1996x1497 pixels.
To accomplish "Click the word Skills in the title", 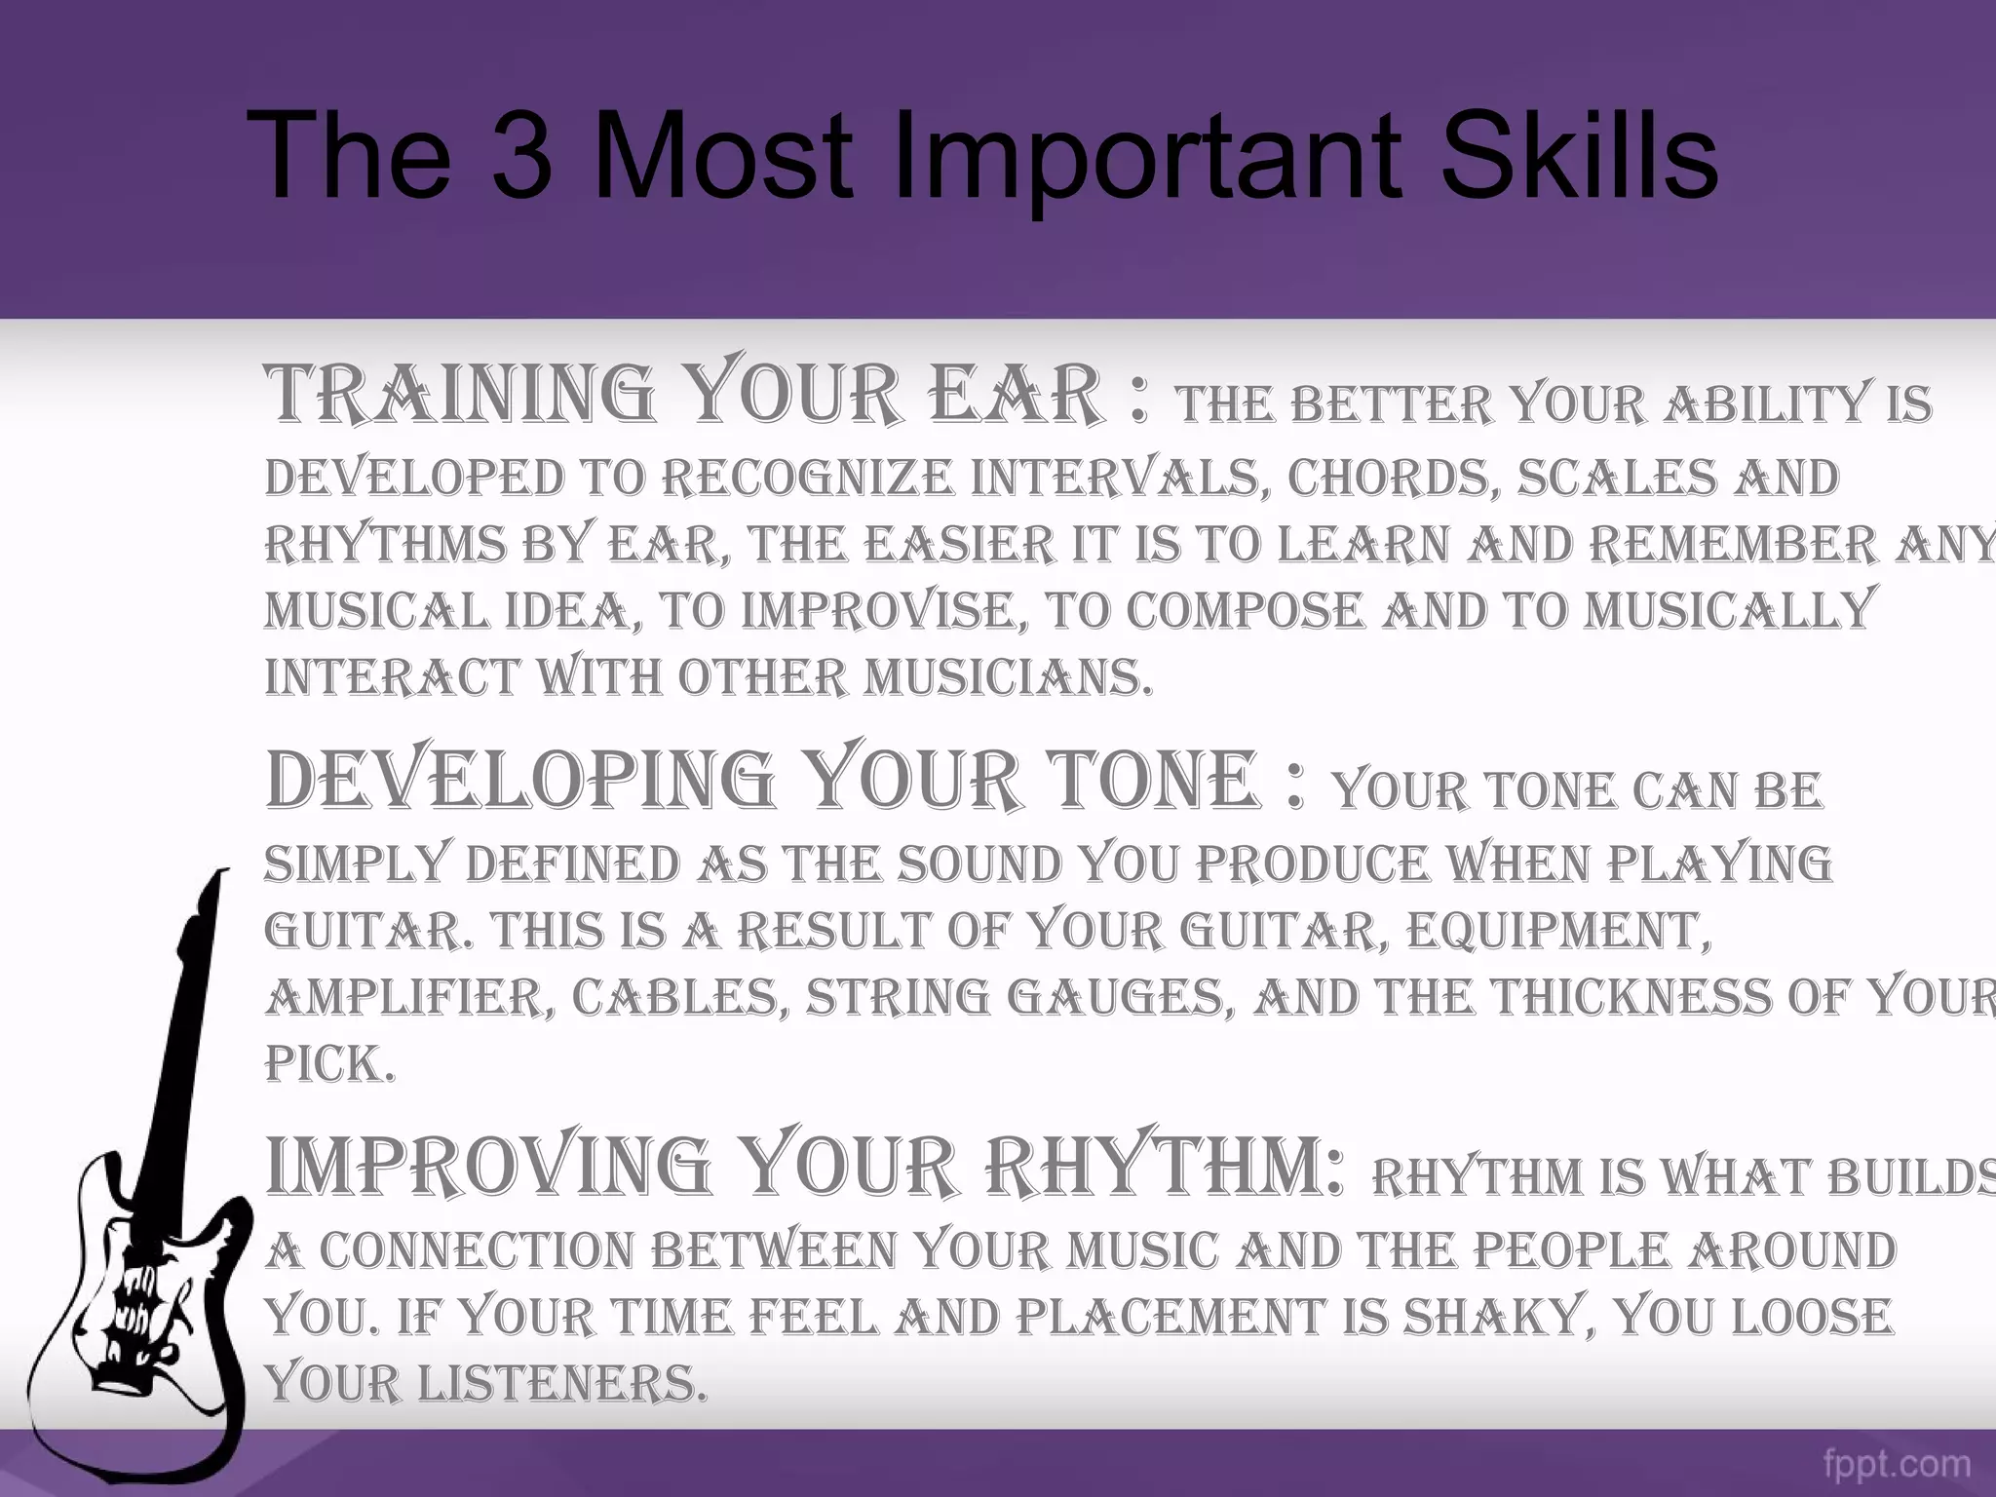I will point(1578,155).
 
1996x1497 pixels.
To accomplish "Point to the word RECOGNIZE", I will point(809,479).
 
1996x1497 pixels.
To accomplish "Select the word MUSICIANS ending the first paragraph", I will point(1007,677).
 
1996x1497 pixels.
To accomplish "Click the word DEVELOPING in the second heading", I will point(518,781).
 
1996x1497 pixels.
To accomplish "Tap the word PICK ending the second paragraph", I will point(328,1063).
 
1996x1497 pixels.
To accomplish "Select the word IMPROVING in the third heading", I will point(487,1167).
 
